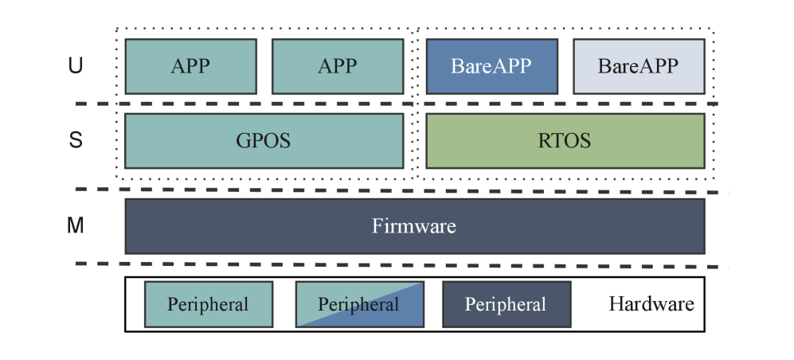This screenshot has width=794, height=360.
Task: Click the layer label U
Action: tap(76, 66)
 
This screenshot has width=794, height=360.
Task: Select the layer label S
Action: tap(76, 141)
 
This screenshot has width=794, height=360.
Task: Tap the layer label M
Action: tap(76, 226)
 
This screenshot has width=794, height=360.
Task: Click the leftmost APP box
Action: tap(190, 66)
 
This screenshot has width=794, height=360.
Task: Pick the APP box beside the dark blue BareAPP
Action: tap(337, 66)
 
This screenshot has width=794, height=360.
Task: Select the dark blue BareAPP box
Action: tap(491, 66)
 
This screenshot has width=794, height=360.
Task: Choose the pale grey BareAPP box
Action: tap(639, 66)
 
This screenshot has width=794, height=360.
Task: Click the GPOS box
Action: tap(264, 141)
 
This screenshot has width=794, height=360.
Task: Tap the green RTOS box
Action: tap(565, 141)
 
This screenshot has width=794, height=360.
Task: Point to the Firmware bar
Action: tap(414, 226)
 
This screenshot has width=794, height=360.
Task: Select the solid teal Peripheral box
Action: tap(208, 304)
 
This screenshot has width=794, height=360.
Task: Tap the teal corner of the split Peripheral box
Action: tap(319, 292)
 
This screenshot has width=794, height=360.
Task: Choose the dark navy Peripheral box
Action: tap(506, 304)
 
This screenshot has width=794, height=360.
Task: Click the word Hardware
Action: tap(651, 303)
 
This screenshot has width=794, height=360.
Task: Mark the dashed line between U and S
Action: tap(398, 104)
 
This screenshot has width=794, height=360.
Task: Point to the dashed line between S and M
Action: tap(398, 190)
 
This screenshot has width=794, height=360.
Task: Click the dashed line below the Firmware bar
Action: tap(398, 264)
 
